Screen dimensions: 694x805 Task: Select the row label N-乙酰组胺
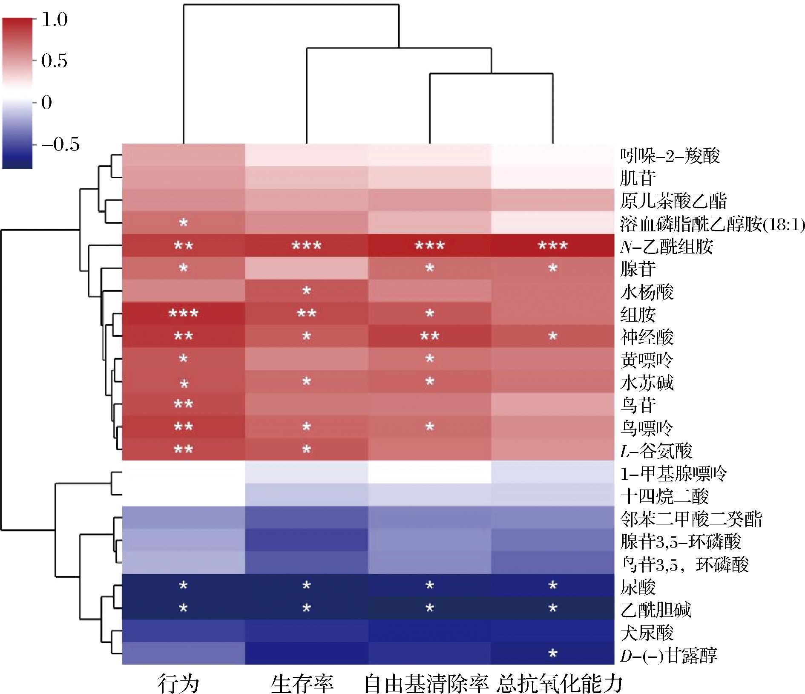tap(667, 246)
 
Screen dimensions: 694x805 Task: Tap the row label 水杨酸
tap(647, 292)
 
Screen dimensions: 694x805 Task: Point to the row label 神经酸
tap(647, 337)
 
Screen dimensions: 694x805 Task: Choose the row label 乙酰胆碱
tap(655, 610)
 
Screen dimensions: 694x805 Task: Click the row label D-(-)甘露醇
tap(668, 655)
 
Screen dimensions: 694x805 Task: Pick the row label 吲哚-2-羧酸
tap(670, 156)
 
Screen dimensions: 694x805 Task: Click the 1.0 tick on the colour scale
tap(55, 20)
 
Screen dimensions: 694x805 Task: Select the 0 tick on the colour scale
tap(47, 102)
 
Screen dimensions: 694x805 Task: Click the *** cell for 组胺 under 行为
tap(184, 314)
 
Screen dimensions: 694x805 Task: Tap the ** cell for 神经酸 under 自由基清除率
tap(430, 337)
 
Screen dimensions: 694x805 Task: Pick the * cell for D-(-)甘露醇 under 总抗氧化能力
tap(552, 654)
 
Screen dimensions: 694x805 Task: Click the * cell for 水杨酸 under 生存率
tap(306, 291)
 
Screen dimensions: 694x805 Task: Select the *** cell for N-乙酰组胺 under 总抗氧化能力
tap(552, 246)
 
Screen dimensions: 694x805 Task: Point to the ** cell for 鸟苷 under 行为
tap(184, 404)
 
